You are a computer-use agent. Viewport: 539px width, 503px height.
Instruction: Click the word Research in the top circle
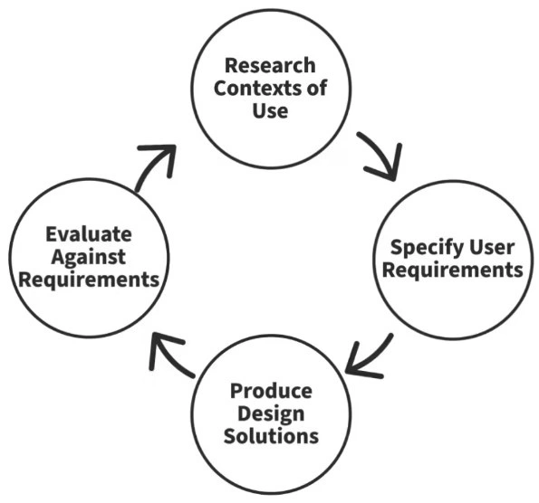(270, 65)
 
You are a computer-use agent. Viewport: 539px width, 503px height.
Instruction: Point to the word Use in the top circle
(270, 110)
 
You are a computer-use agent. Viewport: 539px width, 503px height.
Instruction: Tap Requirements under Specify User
(452, 270)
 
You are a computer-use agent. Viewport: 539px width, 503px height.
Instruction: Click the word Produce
(271, 391)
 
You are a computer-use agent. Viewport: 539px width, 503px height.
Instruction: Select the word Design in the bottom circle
(271, 414)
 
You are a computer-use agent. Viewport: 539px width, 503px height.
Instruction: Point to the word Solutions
(271, 436)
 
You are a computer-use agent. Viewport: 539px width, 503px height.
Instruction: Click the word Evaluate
(89, 234)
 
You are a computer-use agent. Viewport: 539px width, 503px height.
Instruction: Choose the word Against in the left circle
(89, 258)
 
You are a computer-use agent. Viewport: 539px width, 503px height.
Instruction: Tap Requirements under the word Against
(89, 280)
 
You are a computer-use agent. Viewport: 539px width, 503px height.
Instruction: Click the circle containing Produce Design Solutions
(271, 414)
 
